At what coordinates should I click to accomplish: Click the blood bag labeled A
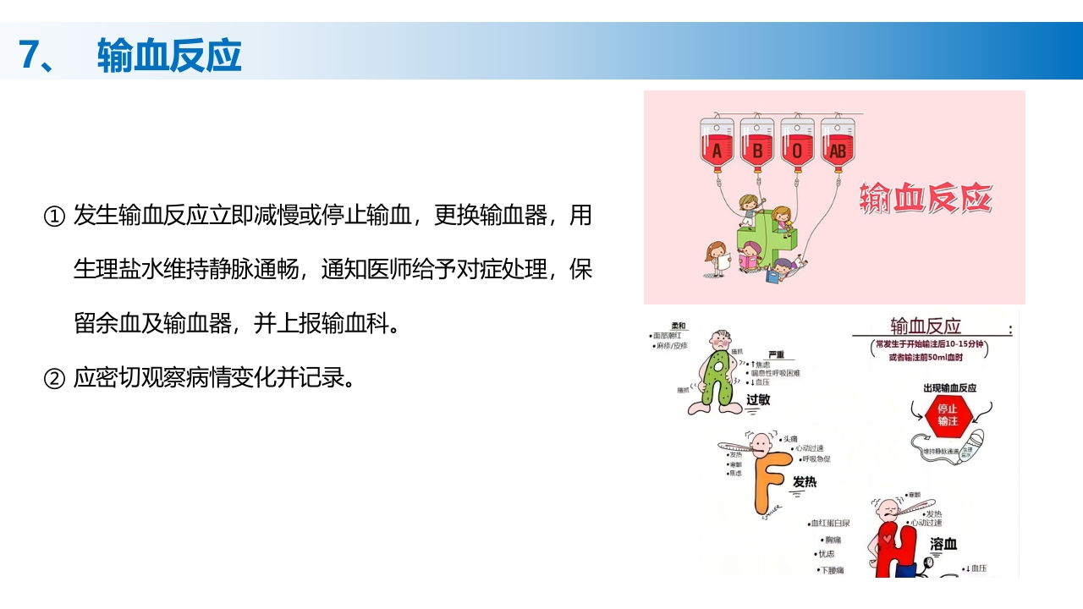pos(717,144)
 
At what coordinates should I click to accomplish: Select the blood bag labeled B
pos(757,144)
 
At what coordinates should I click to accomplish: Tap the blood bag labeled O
pos(797,144)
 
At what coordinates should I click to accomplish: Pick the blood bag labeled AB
pos(838,144)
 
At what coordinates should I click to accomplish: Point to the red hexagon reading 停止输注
pos(941,414)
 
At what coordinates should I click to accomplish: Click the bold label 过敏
pos(758,399)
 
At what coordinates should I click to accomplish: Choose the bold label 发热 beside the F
pos(804,482)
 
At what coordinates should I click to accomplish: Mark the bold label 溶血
pos(943,544)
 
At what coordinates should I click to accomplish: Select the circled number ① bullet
pos(53,217)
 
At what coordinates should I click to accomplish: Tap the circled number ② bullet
pos(53,378)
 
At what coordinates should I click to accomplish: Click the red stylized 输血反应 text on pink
pos(925,199)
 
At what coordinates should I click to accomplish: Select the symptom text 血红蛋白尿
pos(831,524)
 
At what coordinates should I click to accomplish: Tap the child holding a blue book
pos(785,266)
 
